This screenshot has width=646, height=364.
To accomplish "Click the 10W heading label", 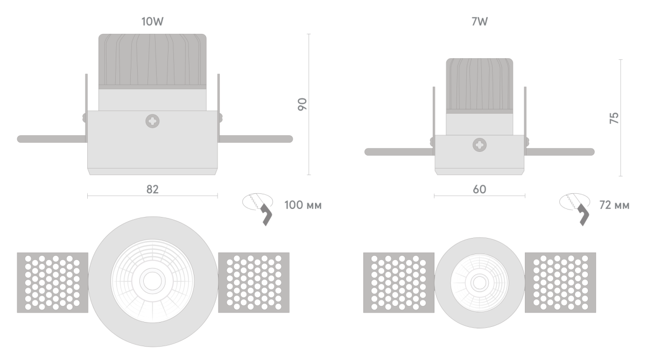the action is click(152, 22).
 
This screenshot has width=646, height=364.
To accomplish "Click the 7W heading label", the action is click(479, 22).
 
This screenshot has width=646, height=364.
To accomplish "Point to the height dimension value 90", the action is click(302, 104).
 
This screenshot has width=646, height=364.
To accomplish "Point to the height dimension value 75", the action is click(614, 118).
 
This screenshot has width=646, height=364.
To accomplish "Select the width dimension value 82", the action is click(152, 189).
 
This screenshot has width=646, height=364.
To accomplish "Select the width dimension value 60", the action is click(479, 189).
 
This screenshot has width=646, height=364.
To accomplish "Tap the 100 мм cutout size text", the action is click(303, 205).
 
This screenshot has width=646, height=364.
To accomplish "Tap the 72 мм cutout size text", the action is click(614, 205).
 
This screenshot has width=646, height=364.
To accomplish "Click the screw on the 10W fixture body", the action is click(152, 121).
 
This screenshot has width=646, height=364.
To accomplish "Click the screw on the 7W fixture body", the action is click(480, 145).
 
